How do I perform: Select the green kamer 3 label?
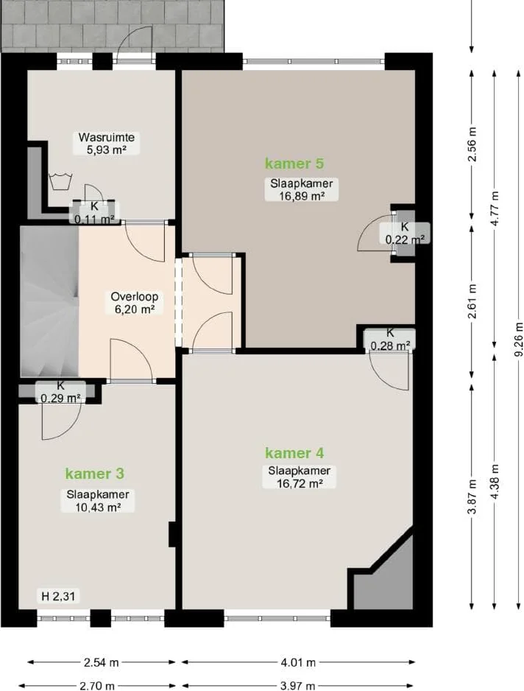[x=95, y=474]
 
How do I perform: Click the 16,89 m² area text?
[x=302, y=196]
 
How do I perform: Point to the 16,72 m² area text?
[x=300, y=483]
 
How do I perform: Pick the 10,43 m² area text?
[x=98, y=508]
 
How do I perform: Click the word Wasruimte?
[x=107, y=137]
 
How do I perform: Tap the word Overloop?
[x=134, y=297]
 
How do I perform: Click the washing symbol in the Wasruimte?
[x=59, y=181]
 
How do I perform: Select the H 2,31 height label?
[x=58, y=597]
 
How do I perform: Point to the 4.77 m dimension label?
[x=495, y=209]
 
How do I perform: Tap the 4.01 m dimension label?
[x=299, y=662]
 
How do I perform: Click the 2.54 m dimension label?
[x=102, y=662]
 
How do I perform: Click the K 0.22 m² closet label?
[x=405, y=234]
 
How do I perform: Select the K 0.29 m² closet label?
[x=60, y=392]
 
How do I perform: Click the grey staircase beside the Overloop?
[x=49, y=301]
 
